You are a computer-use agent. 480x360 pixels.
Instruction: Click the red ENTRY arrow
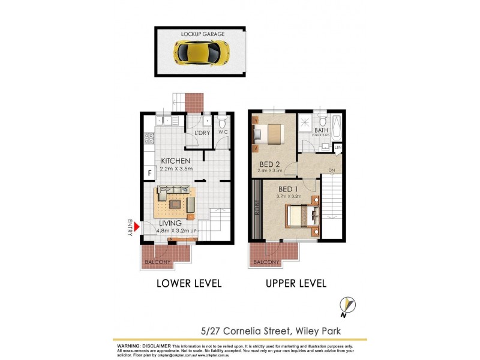click(136, 226)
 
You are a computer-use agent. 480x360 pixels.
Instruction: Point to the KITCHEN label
click(176, 161)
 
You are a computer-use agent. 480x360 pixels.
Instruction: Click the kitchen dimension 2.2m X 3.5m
click(176, 169)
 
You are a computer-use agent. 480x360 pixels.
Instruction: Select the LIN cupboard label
click(337, 147)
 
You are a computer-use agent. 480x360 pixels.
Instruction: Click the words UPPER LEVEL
click(296, 283)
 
